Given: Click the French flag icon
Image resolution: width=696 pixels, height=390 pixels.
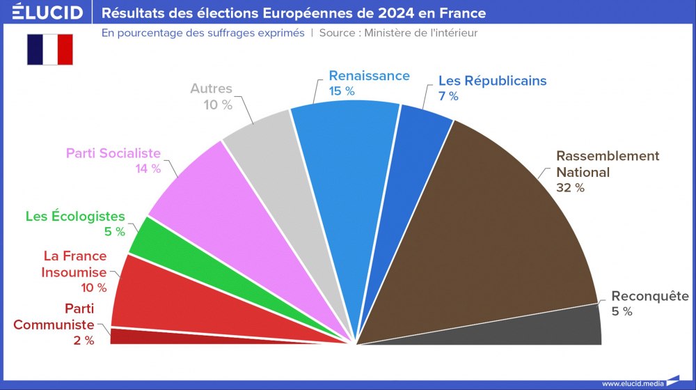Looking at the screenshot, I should click(x=50, y=49).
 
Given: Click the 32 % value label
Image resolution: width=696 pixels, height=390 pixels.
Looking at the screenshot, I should click(x=570, y=187).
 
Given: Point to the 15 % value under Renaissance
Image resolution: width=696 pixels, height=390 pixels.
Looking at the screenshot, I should click(x=342, y=91).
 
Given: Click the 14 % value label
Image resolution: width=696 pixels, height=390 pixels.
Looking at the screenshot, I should click(x=148, y=169).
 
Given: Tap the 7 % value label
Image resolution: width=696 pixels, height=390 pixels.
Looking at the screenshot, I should click(x=448, y=96).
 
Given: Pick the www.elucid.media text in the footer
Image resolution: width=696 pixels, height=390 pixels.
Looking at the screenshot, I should click(x=631, y=383).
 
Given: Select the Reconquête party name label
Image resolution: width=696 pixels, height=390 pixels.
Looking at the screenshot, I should click(x=649, y=296).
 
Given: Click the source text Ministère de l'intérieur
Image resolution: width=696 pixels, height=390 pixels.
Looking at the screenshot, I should click(x=421, y=33).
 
